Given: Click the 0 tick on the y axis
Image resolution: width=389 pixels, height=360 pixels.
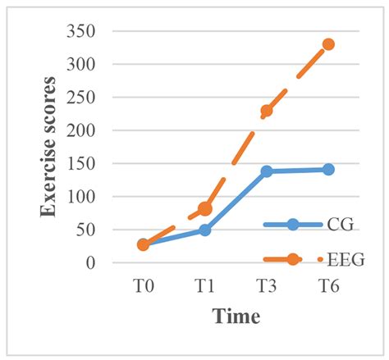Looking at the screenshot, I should point(106,263).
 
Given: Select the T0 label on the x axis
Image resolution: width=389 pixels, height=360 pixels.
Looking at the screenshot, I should point(143,285).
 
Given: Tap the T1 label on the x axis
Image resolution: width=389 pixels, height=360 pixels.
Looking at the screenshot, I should point(205,285).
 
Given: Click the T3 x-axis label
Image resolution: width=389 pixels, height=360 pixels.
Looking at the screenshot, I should point(267,285).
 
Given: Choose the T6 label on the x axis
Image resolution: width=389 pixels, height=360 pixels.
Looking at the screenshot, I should point(328,285).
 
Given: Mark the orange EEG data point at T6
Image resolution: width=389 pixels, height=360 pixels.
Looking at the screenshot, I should point(328,44).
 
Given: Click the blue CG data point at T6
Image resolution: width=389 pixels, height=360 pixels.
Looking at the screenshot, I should point(328,169).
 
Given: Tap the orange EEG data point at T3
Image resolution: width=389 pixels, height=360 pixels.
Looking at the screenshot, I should point(267,111).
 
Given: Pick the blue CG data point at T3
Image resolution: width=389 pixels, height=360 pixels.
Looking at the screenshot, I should point(267,171).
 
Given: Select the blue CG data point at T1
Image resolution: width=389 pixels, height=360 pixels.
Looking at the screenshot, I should point(205,230).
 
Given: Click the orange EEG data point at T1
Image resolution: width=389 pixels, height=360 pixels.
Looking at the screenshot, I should point(205,209).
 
